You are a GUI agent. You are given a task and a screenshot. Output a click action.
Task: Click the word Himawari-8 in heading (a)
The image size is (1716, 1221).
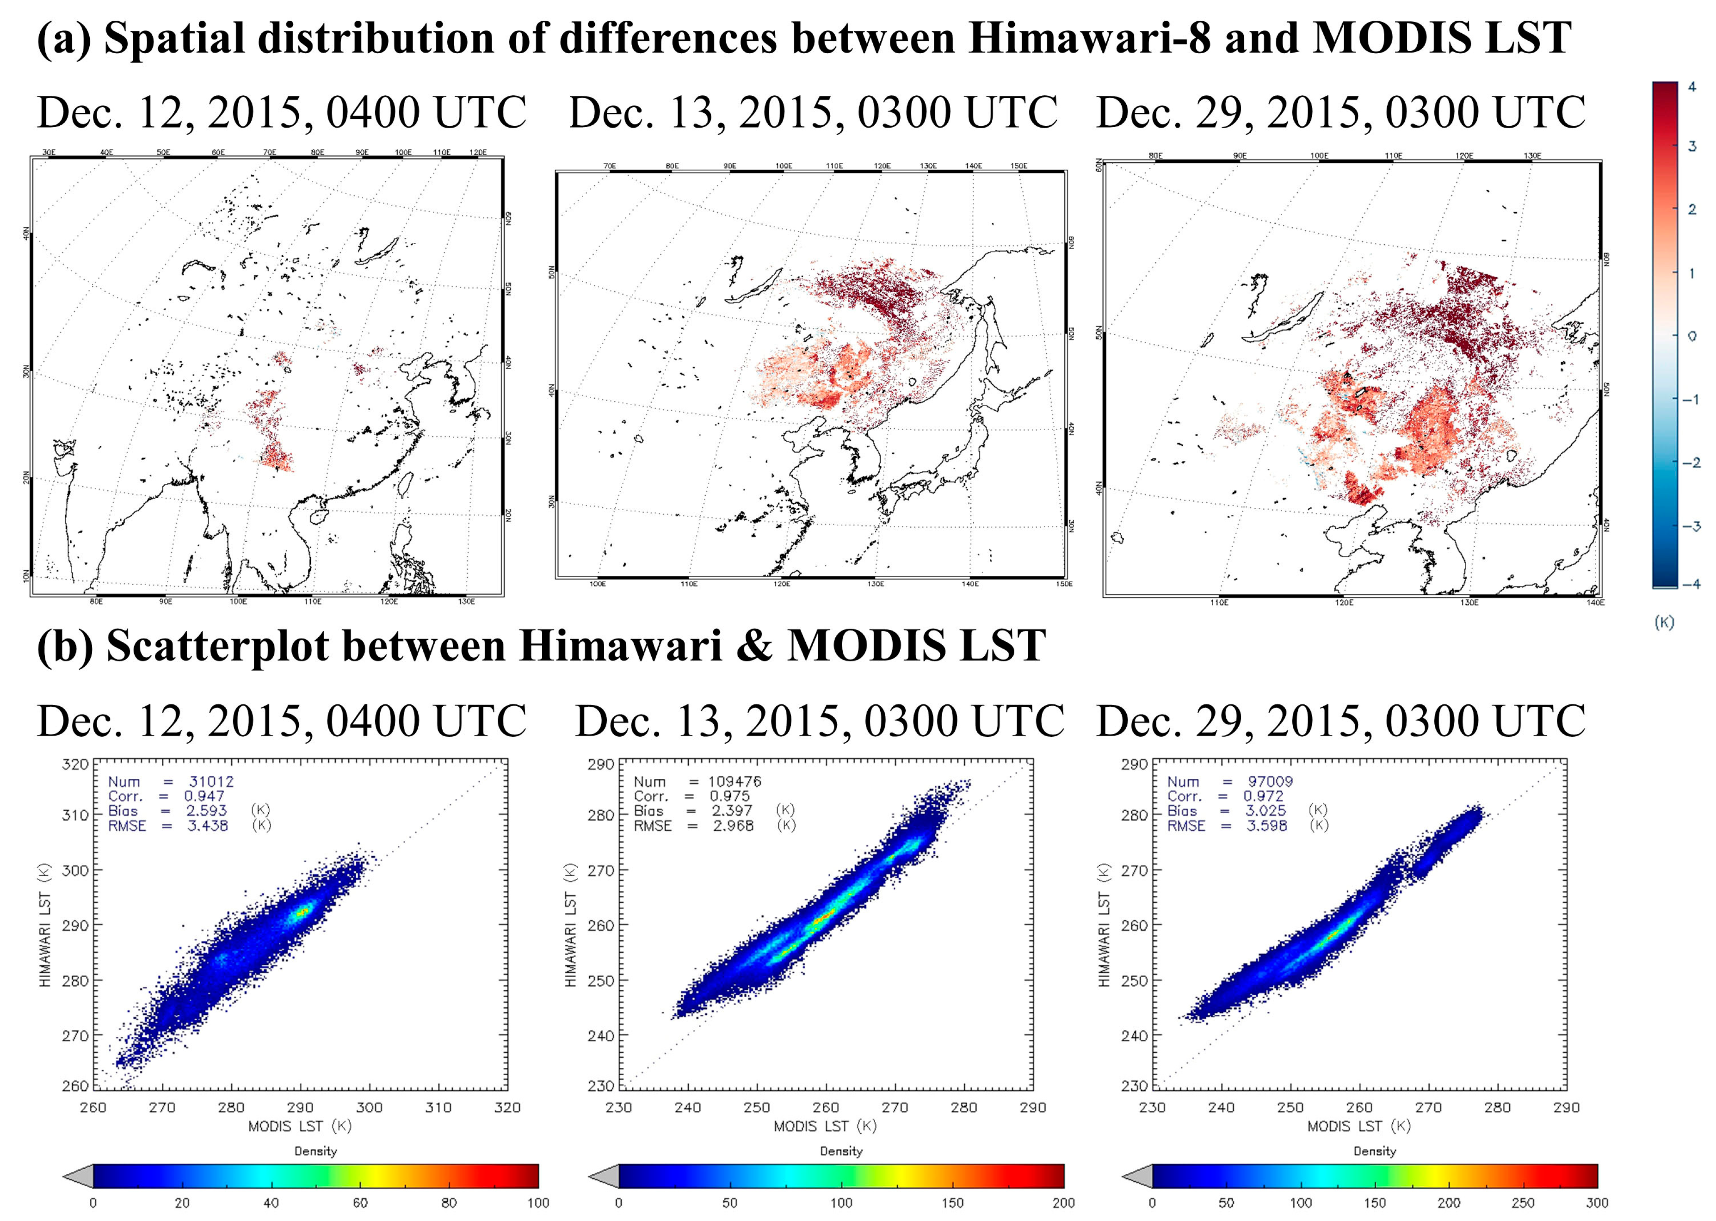[x=1090, y=37]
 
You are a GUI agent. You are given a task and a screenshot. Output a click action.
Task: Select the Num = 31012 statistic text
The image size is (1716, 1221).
[x=171, y=782]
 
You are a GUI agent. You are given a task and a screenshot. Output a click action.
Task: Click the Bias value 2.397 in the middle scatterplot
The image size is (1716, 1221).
[x=732, y=810]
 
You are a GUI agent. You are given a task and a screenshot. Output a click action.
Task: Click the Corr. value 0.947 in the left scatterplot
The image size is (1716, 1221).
[x=204, y=796]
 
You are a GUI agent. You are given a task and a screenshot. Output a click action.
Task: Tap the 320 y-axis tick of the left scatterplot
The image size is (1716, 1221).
[x=75, y=765]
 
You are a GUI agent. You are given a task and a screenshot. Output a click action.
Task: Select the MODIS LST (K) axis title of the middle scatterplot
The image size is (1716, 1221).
[x=825, y=1126]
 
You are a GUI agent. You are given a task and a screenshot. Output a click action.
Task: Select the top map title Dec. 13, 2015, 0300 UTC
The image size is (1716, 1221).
[x=813, y=113]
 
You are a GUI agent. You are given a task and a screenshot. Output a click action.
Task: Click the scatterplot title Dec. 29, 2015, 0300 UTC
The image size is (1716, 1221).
[x=1341, y=720]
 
